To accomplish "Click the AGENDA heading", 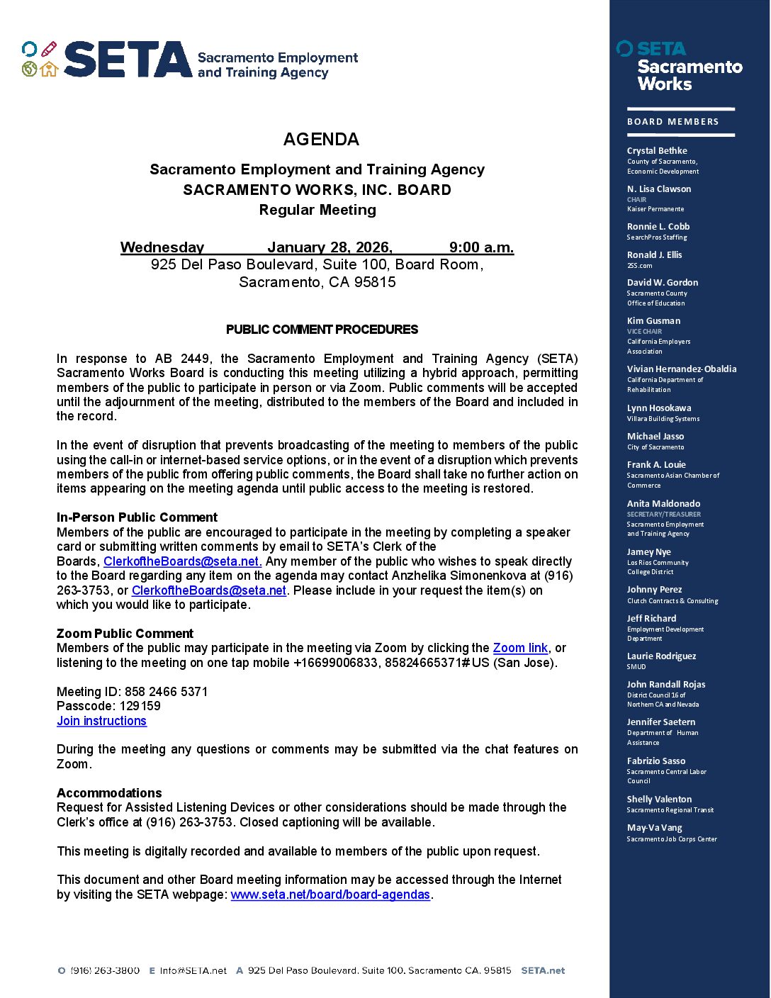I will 321,140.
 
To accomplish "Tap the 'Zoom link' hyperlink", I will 520,648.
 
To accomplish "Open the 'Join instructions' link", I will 101,721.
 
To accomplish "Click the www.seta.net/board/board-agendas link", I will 330,895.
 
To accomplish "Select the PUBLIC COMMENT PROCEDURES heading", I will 322,330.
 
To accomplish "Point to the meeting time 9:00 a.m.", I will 481,247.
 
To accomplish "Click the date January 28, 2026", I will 330,247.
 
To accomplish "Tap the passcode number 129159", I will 140,706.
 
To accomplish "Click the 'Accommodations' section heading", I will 109,792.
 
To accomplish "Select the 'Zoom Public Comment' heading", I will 125,634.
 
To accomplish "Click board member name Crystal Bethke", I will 657,150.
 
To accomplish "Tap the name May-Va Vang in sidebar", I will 654,827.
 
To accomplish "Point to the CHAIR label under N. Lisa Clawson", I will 636,200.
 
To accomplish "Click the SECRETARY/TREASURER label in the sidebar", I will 663,515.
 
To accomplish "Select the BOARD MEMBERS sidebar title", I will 672,122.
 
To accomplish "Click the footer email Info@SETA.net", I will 193,970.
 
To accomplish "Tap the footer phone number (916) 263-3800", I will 105,970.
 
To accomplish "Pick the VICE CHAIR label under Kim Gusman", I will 644,332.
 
